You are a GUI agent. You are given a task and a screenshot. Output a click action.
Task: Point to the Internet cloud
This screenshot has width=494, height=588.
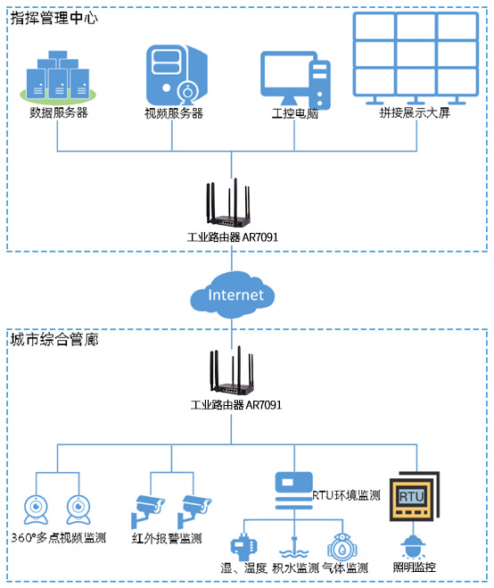pos(235,294)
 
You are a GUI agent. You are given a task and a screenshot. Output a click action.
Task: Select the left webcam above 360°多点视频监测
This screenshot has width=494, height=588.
pos(37,509)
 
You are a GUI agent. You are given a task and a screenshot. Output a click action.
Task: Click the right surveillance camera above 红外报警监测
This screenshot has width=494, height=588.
pos(195,509)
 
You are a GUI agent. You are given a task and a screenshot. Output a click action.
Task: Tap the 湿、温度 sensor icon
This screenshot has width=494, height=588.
pos(242,546)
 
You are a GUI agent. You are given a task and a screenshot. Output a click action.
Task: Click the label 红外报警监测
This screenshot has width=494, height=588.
pos(167,538)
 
